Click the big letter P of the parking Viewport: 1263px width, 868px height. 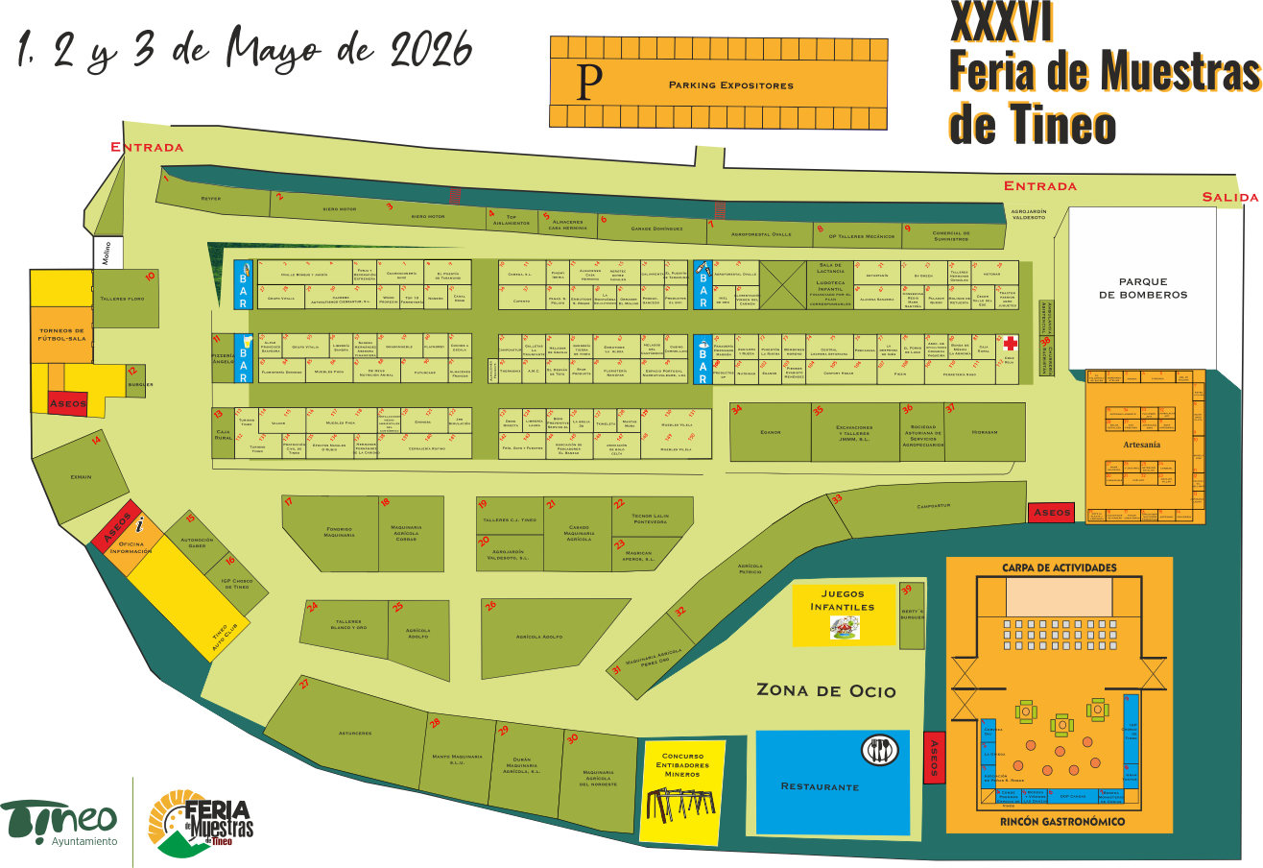point(589,84)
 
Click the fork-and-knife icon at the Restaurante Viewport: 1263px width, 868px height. point(878,749)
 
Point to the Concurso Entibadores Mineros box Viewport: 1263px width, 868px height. point(684,792)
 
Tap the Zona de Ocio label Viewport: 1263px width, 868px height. point(825,690)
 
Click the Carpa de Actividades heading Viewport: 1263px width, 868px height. point(1059,567)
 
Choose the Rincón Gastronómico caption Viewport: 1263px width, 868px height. point(1061,822)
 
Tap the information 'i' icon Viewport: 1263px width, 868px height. point(140,524)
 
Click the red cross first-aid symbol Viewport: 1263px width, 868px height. point(1010,343)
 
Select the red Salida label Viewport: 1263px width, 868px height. point(1229,198)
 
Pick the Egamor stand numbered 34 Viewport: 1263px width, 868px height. point(770,432)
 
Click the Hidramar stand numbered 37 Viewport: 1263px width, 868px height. point(984,432)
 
